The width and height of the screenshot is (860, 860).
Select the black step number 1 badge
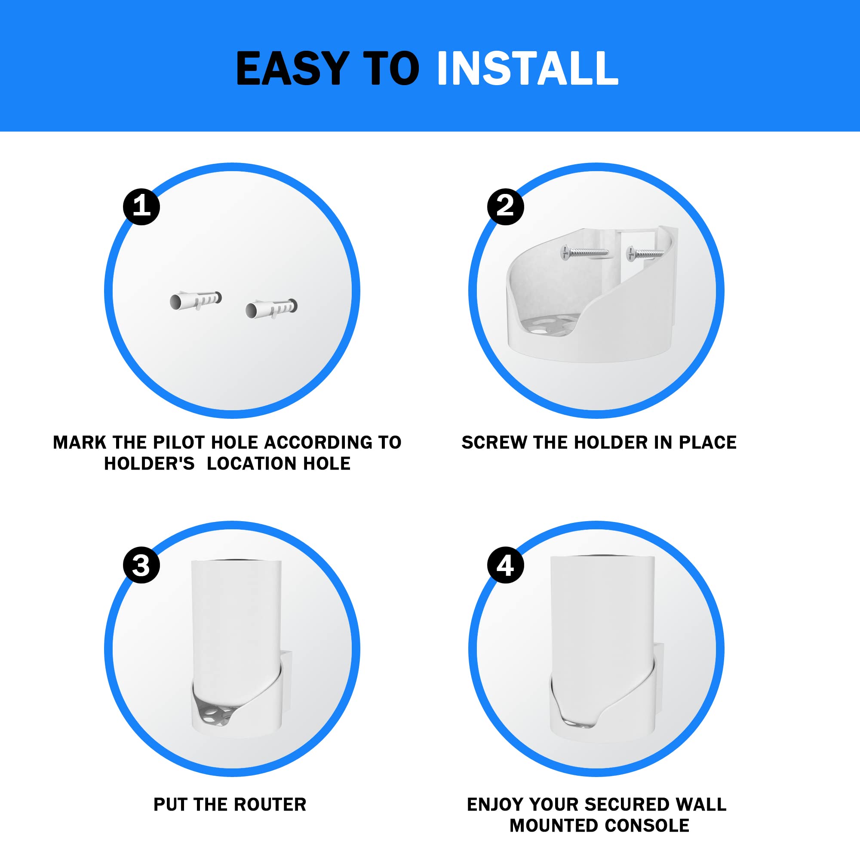tap(141, 206)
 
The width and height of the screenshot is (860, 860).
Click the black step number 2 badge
tap(505, 206)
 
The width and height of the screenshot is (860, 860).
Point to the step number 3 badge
tap(141, 565)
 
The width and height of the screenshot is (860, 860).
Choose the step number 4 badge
tap(505, 565)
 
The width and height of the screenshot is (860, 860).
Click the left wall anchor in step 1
tap(195, 301)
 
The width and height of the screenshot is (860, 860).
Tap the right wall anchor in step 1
tap(271, 308)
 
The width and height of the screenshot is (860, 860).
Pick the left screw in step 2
tap(584, 253)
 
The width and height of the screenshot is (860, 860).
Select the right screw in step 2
tap(645, 254)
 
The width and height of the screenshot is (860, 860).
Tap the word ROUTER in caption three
tap(270, 805)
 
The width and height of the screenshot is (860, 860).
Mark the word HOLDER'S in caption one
tap(149, 464)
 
